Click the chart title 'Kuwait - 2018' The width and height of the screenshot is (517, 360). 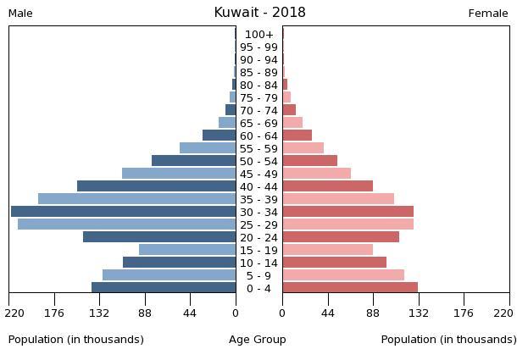259,13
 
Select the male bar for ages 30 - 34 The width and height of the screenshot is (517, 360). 123,212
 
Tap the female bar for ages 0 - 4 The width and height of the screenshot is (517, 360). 350,288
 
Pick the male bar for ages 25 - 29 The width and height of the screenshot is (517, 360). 126,224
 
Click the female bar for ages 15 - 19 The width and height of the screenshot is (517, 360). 327,250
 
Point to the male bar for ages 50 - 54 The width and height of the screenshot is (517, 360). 193,161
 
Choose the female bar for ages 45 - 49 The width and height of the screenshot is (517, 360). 316,174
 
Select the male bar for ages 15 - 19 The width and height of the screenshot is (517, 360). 187,250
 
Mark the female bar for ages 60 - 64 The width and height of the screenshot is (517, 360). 297,136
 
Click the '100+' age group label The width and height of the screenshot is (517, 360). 258,35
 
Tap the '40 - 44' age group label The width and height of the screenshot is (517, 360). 258,186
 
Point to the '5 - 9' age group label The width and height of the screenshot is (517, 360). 258,275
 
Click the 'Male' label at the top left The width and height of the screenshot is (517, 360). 20,14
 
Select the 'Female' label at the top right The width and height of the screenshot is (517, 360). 488,14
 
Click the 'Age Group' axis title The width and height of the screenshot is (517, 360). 258,340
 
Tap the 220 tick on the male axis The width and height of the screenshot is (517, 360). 14,313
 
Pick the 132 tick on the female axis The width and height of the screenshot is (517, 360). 419,313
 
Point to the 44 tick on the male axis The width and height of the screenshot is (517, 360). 190,313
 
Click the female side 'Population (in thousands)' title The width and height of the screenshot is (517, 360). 448,340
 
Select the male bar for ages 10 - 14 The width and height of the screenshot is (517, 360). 179,263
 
